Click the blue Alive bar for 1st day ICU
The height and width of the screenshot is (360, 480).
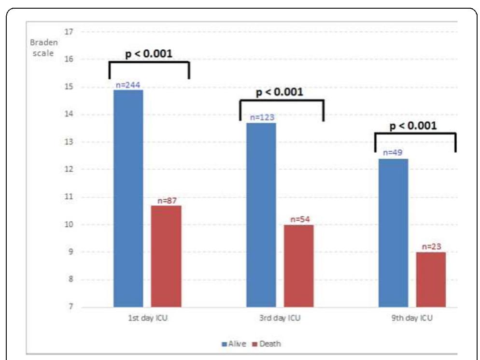pyautogui.click(x=128, y=198)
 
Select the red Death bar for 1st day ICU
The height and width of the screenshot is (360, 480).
pyautogui.click(x=166, y=256)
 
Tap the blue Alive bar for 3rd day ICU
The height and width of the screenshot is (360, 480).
pyautogui.click(x=261, y=215)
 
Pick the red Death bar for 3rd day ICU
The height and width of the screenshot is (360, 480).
pyautogui.click(x=299, y=266)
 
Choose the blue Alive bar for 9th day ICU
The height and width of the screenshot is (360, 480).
pyautogui.click(x=393, y=232)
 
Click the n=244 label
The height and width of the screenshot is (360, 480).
pyautogui.click(x=128, y=86)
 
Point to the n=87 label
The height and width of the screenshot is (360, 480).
pyautogui.click(x=166, y=201)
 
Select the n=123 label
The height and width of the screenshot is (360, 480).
pyautogui.click(x=261, y=117)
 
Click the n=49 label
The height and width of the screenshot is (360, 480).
pyautogui.click(x=393, y=153)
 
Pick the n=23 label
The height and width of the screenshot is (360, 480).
pyautogui.click(x=431, y=247)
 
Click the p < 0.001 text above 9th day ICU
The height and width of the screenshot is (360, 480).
pyautogui.click(x=413, y=126)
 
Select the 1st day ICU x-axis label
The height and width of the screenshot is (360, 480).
pyautogui.click(x=147, y=318)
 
